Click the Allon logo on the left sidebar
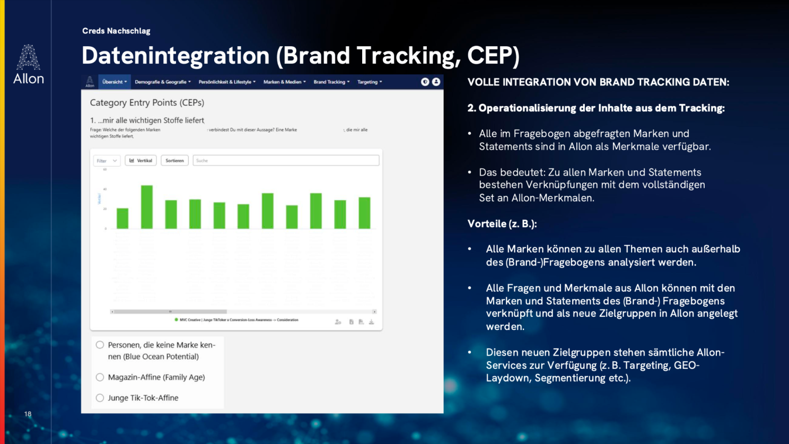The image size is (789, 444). tap(28, 64)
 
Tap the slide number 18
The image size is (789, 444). tap(28, 414)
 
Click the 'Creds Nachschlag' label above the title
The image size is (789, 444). tap(116, 31)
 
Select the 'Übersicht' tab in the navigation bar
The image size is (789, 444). tap(114, 82)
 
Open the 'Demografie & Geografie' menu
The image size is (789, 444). tap(162, 82)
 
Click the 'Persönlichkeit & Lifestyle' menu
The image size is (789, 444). tap(227, 82)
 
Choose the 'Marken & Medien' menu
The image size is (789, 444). tap(284, 82)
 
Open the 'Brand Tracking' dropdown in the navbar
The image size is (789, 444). tap(331, 82)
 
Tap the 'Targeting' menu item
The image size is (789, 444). tap(370, 82)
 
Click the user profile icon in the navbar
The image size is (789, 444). tap(436, 82)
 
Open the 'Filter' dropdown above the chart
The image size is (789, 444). tap(107, 161)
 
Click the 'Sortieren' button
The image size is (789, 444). tap(174, 161)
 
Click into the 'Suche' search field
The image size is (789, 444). tap(286, 161)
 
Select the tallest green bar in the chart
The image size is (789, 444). tap(147, 207)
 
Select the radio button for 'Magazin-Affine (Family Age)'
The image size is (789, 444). tap(100, 377)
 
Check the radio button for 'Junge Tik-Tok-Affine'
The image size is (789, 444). tap(100, 398)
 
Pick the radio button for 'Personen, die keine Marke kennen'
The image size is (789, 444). tap(100, 345)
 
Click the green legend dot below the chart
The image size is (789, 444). tap(176, 320)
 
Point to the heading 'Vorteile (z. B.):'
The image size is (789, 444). tap(502, 224)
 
